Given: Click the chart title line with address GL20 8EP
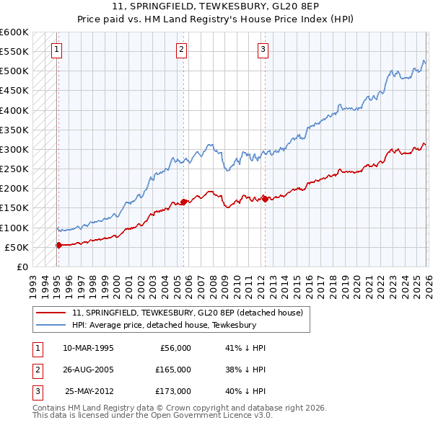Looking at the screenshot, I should click(x=216, y=6).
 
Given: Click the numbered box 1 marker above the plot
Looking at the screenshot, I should click(x=56, y=49).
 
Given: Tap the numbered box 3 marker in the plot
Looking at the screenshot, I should click(x=263, y=49).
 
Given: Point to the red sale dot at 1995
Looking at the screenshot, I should click(x=58, y=245).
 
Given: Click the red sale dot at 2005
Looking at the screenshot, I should click(x=183, y=202).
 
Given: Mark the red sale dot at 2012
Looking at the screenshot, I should click(x=264, y=199).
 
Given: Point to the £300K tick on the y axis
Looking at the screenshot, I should click(x=14, y=149).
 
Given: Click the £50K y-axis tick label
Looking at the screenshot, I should click(x=17, y=247).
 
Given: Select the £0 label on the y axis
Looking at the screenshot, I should click(x=22, y=267).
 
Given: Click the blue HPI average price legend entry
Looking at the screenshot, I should click(x=164, y=325).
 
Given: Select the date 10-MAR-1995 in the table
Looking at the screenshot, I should click(x=88, y=348).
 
